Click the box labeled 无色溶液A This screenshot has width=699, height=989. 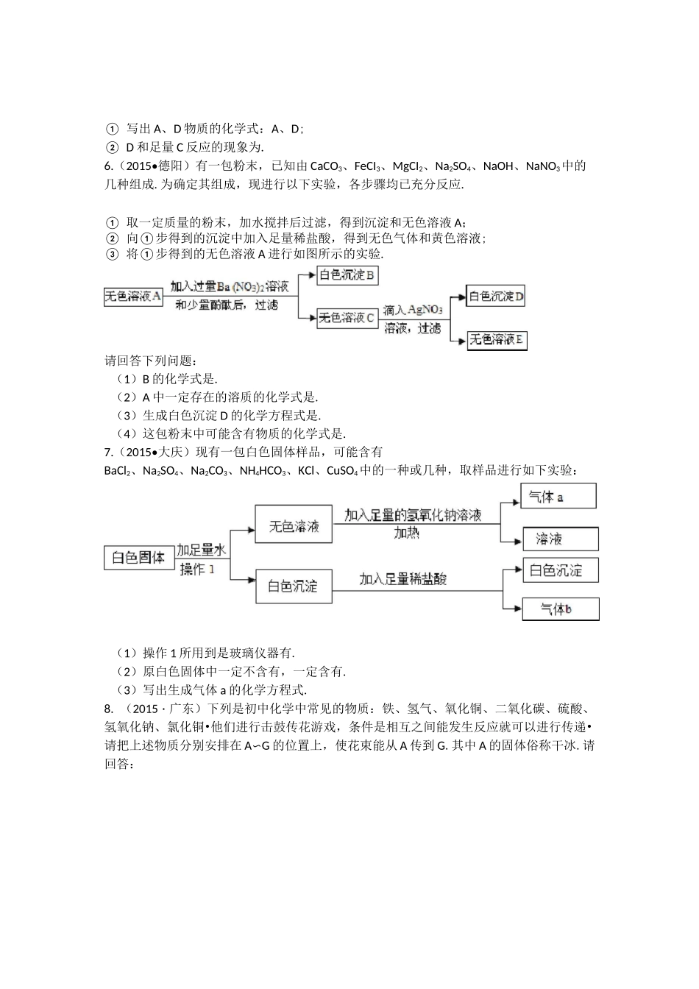pyautogui.click(x=133, y=297)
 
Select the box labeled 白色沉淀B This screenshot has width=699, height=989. pyautogui.click(x=347, y=276)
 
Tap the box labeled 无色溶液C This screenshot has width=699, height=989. pyautogui.click(x=347, y=318)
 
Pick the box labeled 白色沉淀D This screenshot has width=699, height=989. pyautogui.click(x=497, y=297)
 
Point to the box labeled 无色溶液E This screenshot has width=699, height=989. pyautogui.click(x=497, y=339)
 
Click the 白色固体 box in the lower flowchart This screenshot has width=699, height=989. pyautogui.click(x=138, y=558)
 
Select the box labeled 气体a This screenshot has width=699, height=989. pyautogui.click(x=558, y=497)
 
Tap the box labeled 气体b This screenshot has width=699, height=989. pyautogui.click(x=560, y=609)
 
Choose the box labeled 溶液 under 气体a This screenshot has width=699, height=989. pyautogui.click(x=560, y=539)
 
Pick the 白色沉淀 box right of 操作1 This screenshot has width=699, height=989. pyautogui.click(x=293, y=586)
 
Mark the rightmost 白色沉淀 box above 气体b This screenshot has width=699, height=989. pyautogui.click(x=560, y=570)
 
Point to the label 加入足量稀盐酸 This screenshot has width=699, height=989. pyautogui.click(x=403, y=580)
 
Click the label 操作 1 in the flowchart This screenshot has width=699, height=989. pyautogui.click(x=196, y=570)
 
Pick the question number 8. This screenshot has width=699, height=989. pyautogui.click(x=109, y=709)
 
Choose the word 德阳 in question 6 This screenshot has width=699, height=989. pyautogui.click(x=180, y=166)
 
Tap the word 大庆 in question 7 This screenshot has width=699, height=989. pyautogui.click(x=180, y=452)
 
